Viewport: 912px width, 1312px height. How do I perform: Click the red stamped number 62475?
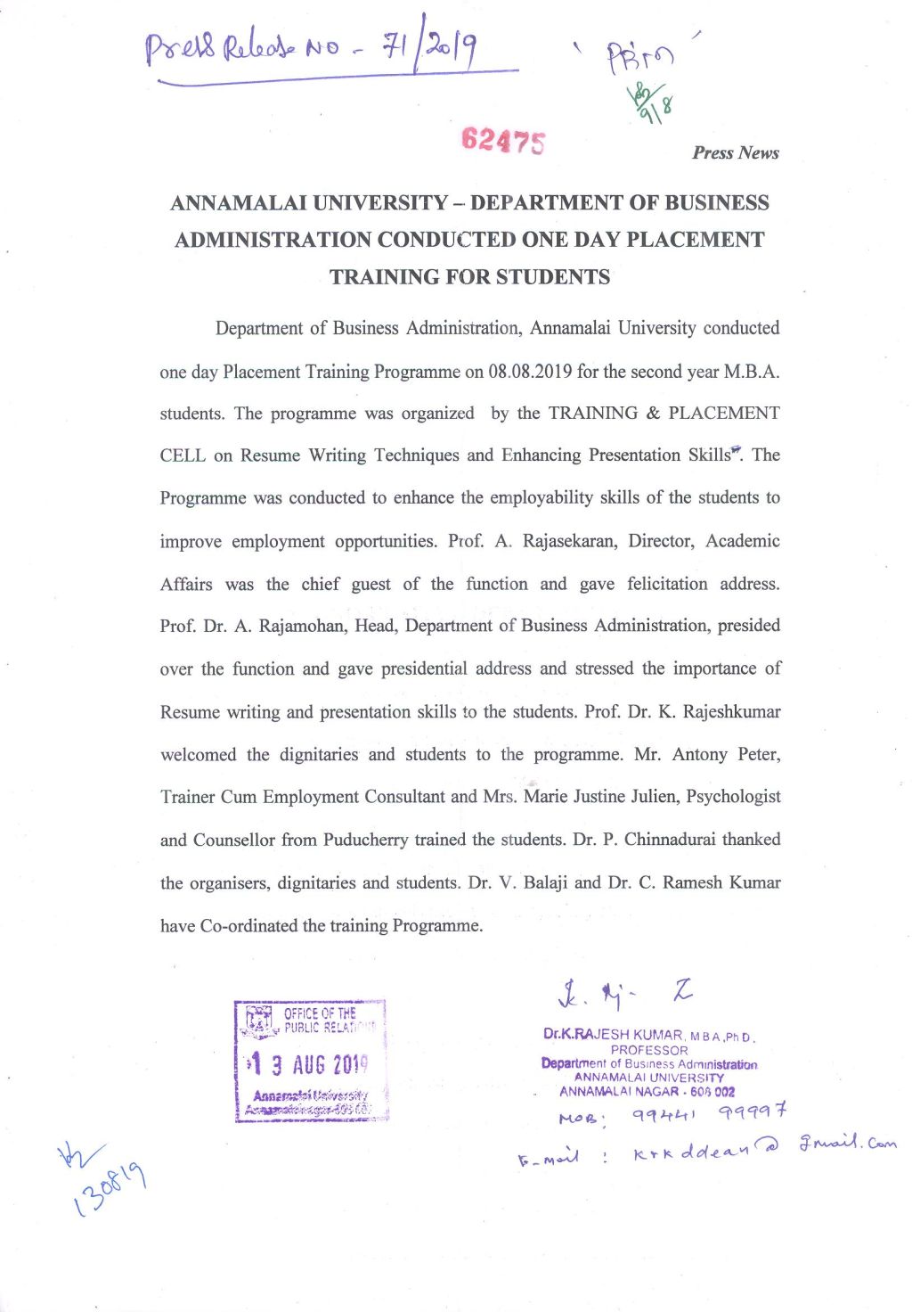click(503, 140)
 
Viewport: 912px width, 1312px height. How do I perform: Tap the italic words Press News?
click(736, 152)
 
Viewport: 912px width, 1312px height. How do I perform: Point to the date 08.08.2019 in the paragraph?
click(530, 371)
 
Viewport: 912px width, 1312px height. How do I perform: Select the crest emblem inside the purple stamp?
click(259, 1021)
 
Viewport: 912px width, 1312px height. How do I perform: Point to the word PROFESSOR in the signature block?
click(649, 1050)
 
